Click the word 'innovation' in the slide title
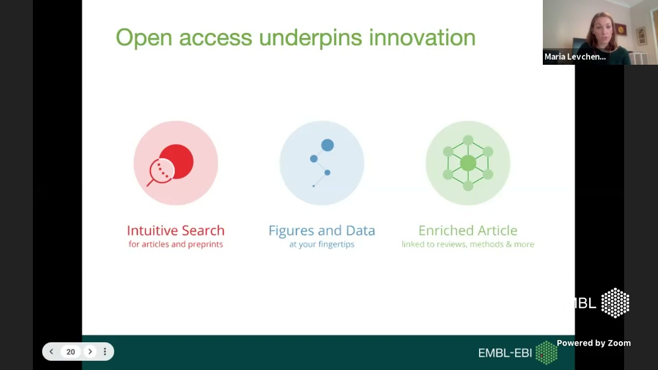pos(422,38)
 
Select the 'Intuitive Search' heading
pos(176,230)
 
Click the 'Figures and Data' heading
pos(322,230)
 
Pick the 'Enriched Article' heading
pos(468,230)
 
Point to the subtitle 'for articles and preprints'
pos(176,244)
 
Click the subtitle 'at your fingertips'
pos(322,244)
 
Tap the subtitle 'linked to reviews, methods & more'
pos(468,244)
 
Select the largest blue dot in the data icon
pos(327,145)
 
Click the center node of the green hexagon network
pos(468,163)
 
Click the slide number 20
pos(70,351)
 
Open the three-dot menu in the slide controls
pos(105,351)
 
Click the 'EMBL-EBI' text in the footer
pos(505,353)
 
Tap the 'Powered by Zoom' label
pos(593,343)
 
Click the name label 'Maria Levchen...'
pos(575,57)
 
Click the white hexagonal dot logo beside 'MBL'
pos(615,303)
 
